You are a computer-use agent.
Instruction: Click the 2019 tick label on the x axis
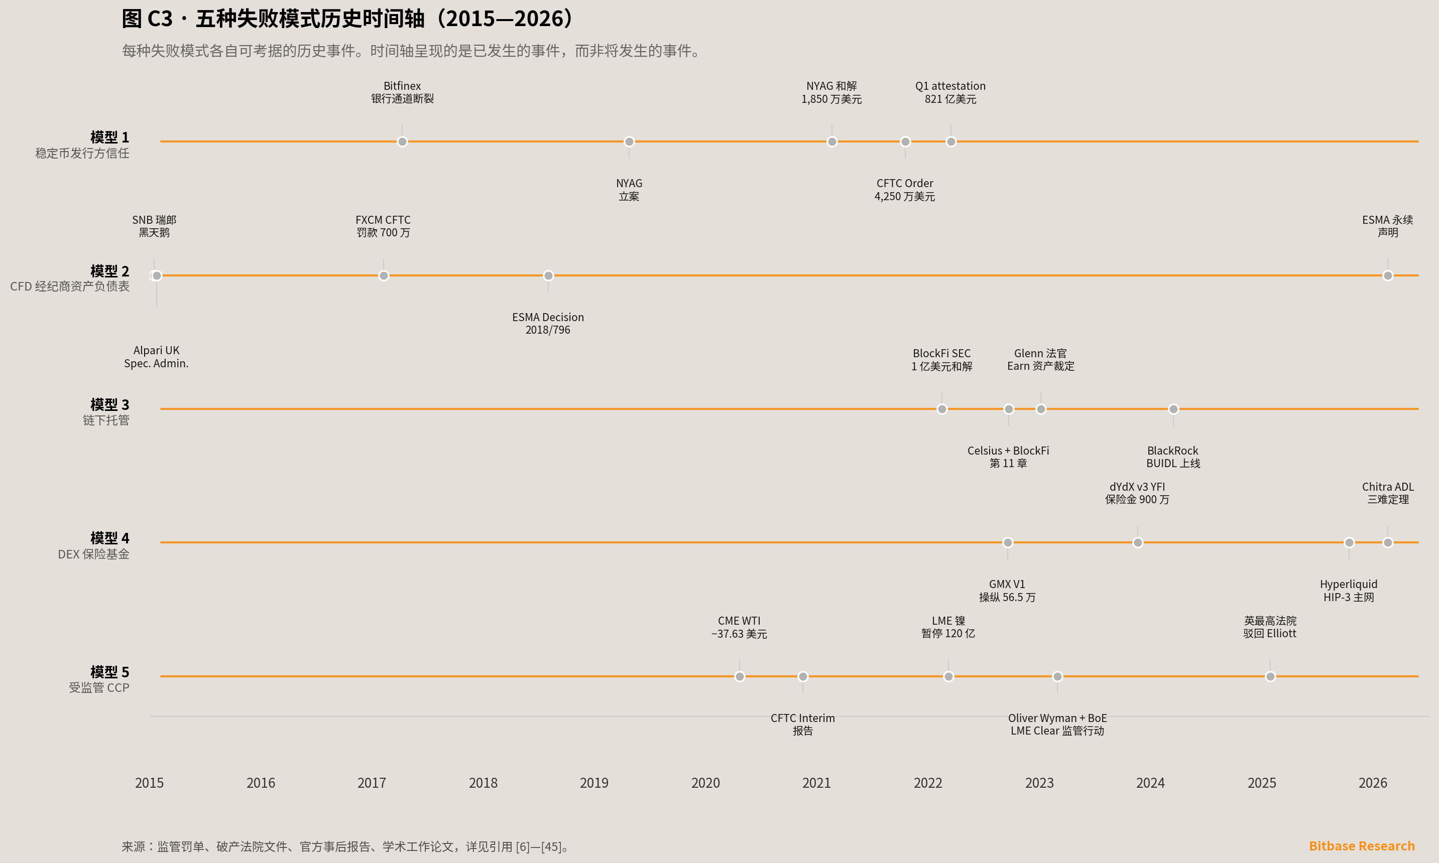594,783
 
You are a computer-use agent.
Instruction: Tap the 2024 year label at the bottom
1150,783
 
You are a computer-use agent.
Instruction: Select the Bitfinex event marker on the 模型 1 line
402,142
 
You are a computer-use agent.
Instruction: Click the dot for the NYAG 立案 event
629,142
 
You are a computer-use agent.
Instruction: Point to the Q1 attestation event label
950,92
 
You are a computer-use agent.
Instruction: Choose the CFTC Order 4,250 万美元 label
905,190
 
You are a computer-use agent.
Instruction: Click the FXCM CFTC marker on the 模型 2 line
384,275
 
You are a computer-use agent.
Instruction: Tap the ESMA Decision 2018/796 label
548,323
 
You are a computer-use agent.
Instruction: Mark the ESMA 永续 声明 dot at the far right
1388,275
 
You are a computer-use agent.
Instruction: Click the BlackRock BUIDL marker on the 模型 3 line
1173,409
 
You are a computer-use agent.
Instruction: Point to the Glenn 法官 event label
1040,359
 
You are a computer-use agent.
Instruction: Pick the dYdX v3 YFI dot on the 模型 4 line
1138,542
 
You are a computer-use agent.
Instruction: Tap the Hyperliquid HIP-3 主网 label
1348,590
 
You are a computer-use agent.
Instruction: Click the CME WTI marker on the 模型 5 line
739,676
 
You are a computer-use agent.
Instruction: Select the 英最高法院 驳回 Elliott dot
1270,676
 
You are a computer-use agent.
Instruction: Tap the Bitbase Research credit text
1362,845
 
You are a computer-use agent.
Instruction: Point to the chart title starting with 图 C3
348,19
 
